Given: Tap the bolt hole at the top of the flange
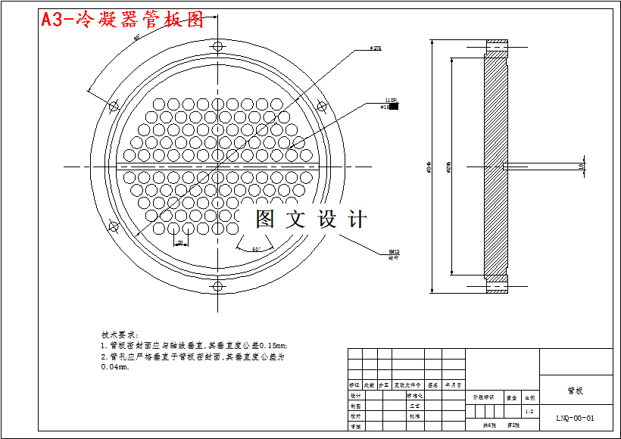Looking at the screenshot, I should tap(218, 47).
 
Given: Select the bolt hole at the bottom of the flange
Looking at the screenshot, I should tap(218, 286).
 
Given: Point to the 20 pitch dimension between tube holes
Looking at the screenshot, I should tap(181, 243).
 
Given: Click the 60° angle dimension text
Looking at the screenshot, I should tap(257, 248).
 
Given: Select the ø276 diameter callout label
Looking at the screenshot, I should tap(375, 48).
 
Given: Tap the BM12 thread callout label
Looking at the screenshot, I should tap(394, 251).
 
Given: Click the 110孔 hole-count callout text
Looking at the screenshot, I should tap(391, 100).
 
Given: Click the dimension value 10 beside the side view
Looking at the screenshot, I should tap(582, 167).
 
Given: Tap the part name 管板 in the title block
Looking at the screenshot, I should tap(575, 391).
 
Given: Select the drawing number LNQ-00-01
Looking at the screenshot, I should tap(575, 417).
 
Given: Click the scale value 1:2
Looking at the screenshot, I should tap(529, 412).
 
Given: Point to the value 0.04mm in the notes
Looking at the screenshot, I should tap(115, 366).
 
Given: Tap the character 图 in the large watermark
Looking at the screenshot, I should tap(264, 219).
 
